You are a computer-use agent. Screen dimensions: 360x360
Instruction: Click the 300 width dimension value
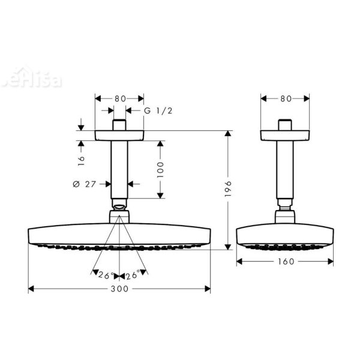120,289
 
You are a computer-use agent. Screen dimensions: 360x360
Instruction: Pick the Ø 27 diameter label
85,184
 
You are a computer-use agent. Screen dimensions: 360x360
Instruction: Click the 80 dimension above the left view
119,97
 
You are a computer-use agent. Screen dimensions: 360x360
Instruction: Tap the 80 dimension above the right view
285,97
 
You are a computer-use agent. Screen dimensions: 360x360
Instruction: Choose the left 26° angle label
106,275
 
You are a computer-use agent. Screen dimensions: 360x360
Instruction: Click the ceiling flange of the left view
119,135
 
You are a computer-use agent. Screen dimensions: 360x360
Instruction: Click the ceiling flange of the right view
284,135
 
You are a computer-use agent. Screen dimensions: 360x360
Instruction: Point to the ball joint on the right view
284,214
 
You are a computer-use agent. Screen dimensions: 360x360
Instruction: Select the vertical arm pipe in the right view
284,174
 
